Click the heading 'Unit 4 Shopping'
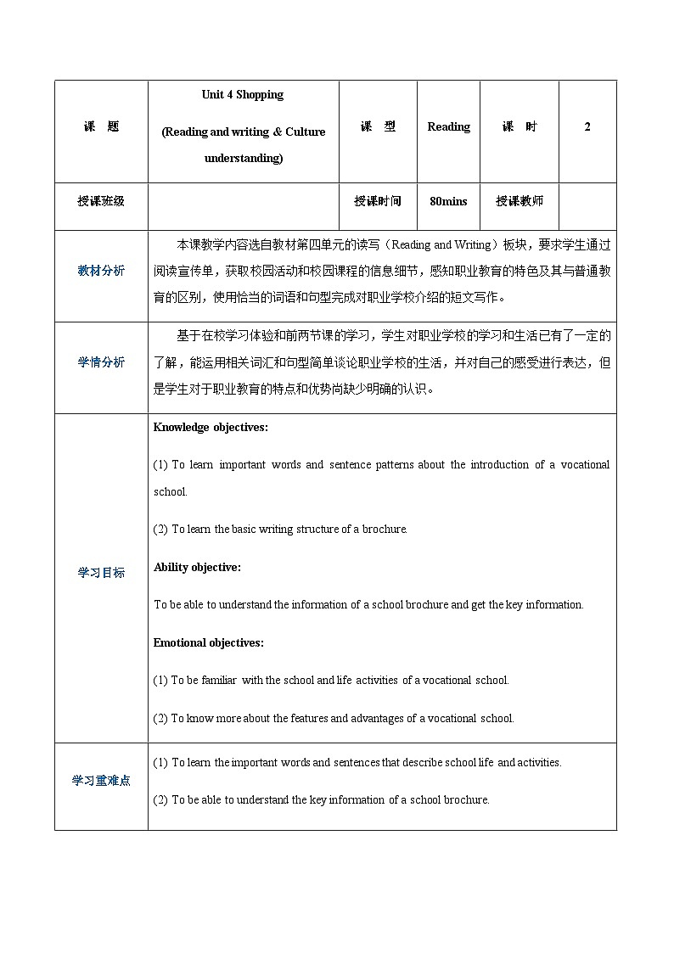pos(243,95)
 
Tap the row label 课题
pos(101,127)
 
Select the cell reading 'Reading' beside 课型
pos(448,127)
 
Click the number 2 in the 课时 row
pos(587,127)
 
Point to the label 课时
pos(519,127)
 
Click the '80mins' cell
pos(448,201)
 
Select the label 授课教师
pos(519,201)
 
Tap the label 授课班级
pos(101,201)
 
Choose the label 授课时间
pos(378,201)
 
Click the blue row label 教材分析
pos(101,271)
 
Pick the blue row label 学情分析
pos(101,362)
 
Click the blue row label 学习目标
pos(101,573)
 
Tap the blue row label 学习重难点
pos(101,781)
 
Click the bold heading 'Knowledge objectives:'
pos(211,428)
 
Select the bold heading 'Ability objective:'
pos(197,567)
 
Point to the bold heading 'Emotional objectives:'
pos(208,642)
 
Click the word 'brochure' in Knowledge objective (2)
pos(386,530)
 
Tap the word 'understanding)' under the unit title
pos(244,159)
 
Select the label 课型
pos(378,127)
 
